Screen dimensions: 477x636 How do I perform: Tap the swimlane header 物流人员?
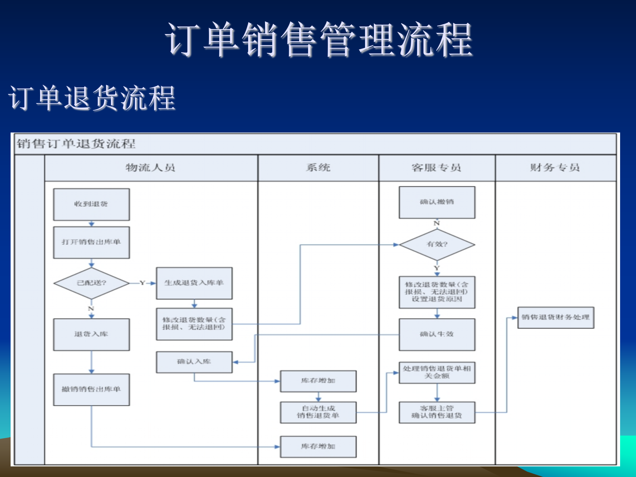click(x=150, y=168)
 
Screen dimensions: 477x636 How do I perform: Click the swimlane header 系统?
click(x=318, y=168)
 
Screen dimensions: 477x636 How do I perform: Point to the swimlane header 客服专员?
click(x=437, y=168)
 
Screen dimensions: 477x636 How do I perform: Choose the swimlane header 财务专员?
click(x=555, y=168)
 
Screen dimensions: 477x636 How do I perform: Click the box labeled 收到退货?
click(x=91, y=204)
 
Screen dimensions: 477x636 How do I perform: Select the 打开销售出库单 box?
click(x=91, y=242)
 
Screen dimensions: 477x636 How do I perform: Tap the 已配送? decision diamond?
click(x=91, y=283)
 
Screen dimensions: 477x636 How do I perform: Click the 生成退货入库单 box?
click(x=194, y=283)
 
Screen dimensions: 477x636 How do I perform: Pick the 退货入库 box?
click(x=91, y=334)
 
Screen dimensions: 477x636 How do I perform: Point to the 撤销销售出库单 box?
click(x=91, y=389)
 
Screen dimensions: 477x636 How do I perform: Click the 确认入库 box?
click(x=194, y=362)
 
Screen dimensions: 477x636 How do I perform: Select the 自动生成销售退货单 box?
click(x=318, y=412)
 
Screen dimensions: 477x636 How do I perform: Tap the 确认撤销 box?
click(x=437, y=202)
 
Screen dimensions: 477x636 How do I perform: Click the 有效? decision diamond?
click(x=437, y=244)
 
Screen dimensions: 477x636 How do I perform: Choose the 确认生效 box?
click(x=437, y=334)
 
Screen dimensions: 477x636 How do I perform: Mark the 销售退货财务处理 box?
click(x=556, y=317)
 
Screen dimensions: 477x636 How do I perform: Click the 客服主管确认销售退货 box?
click(x=437, y=412)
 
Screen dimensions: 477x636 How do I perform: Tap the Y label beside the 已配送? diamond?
click(x=142, y=283)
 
